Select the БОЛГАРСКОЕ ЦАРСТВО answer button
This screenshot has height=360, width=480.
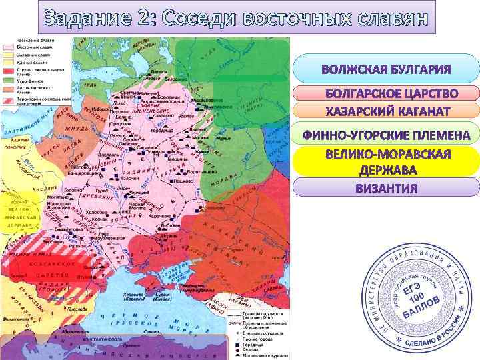pos(386,93)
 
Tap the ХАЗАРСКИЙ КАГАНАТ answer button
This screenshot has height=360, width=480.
pos(386,110)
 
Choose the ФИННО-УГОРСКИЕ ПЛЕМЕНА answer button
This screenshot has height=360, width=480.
pos(386,136)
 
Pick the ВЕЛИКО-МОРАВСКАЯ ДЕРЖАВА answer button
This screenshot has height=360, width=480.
pos(386,162)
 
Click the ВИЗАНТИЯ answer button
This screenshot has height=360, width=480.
pos(386,187)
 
